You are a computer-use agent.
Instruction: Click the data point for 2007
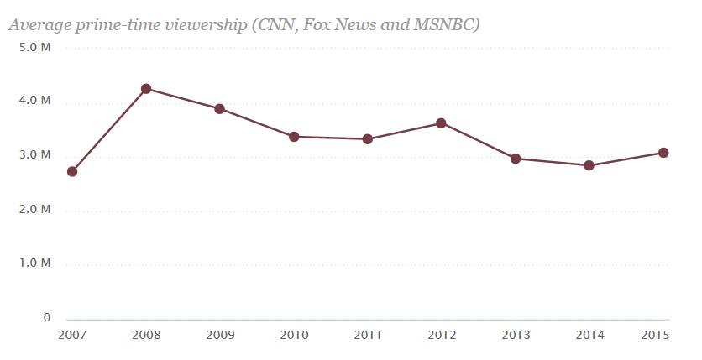(x=72, y=171)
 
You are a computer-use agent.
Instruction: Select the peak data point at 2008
(x=146, y=89)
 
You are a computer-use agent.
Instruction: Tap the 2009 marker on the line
(x=219, y=109)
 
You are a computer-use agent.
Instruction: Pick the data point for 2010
(x=294, y=137)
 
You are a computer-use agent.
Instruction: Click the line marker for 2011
(x=368, y=139)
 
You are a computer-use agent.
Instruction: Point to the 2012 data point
(x=441, y=123)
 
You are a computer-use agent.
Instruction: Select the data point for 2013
(x=516, y=159)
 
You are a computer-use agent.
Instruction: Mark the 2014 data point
(x=589, y=165)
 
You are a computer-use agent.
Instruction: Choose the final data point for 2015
(x=663, y=153)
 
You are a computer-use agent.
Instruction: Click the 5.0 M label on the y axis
(x=36, y=48)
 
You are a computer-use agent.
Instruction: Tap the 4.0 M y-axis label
(x=36, y=102)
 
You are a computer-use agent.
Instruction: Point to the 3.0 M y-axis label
(x=36, y=156)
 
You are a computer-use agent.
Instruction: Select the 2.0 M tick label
(x=36, y=210)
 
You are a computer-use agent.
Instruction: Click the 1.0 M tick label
(x=36, y=264)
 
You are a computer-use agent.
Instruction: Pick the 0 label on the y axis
(x=47, y=318)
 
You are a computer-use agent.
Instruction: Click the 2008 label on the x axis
(x=146, y=336)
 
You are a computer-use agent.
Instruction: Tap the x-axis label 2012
(x=441, y=336)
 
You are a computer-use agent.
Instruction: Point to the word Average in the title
(x=39, y=25)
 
